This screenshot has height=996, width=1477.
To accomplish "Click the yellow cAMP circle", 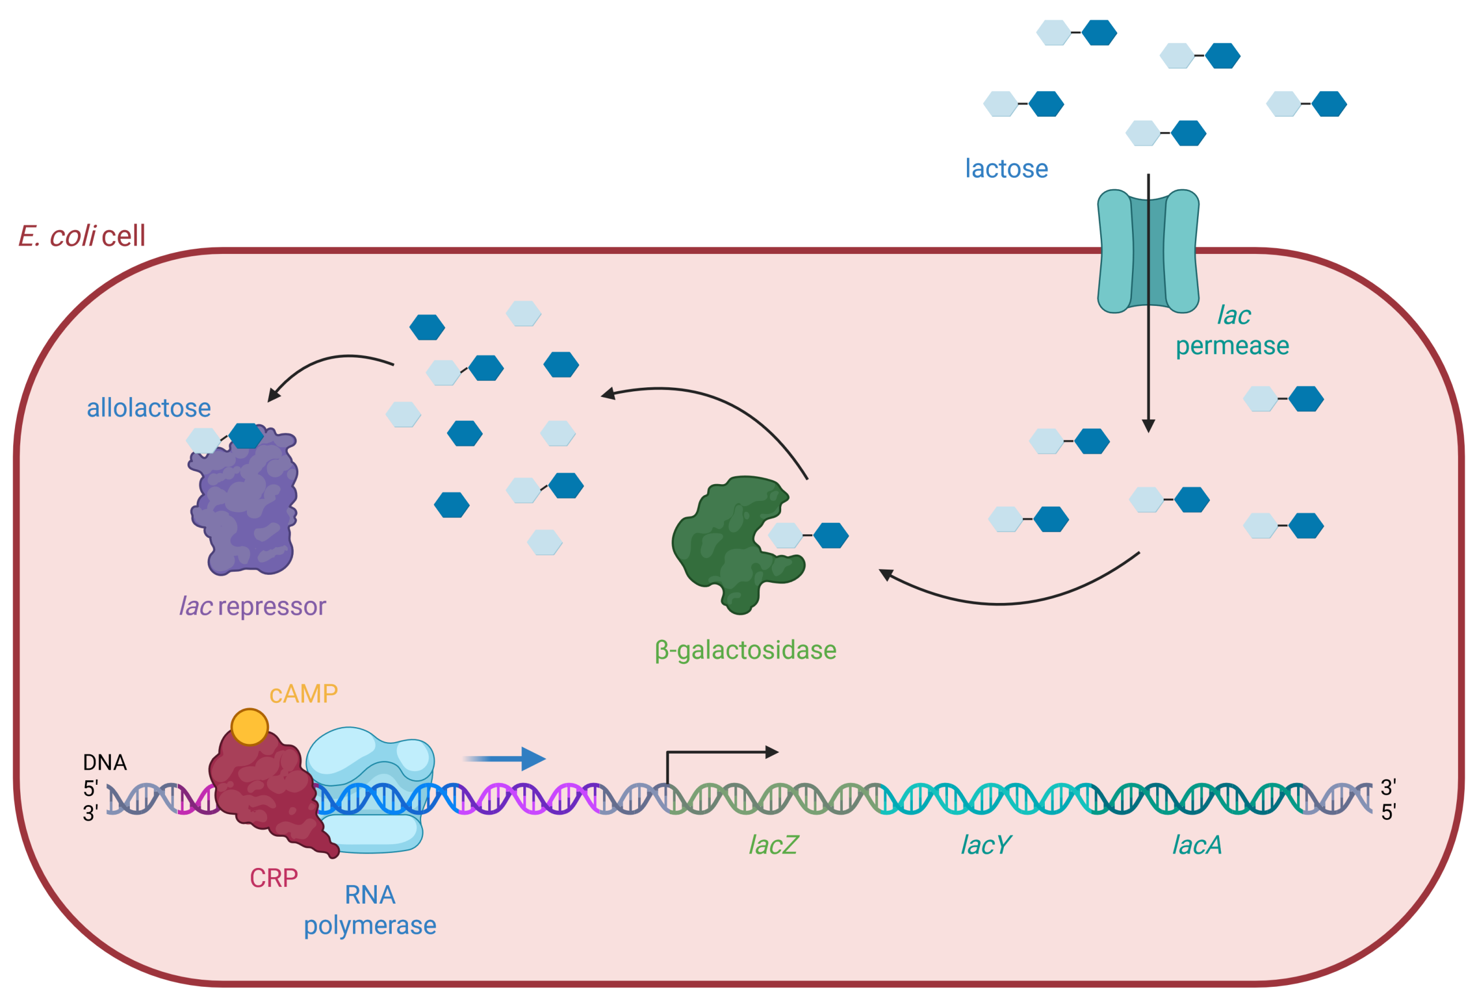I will tap(250, 727).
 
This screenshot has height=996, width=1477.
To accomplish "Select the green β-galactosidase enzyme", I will tap(724, 546).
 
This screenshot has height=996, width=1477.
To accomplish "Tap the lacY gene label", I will tap(985, 845).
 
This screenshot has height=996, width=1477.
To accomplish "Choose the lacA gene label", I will tap(1197, 845).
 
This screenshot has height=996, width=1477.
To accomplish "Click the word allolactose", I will tap(149, 408).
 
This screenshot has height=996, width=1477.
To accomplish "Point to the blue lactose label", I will tap(1006, 169).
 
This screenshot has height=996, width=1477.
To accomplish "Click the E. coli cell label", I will tap(82, 235).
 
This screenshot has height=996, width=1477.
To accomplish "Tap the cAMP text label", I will tap(303, 694).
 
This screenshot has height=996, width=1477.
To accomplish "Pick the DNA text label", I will tap(105, 762).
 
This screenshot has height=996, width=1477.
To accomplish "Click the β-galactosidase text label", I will tap(745, 650).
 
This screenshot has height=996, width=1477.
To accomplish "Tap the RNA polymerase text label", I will tap(370, 910).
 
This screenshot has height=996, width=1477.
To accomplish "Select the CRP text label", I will tap(273, 878).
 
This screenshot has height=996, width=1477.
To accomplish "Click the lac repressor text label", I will tap(253, 606).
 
